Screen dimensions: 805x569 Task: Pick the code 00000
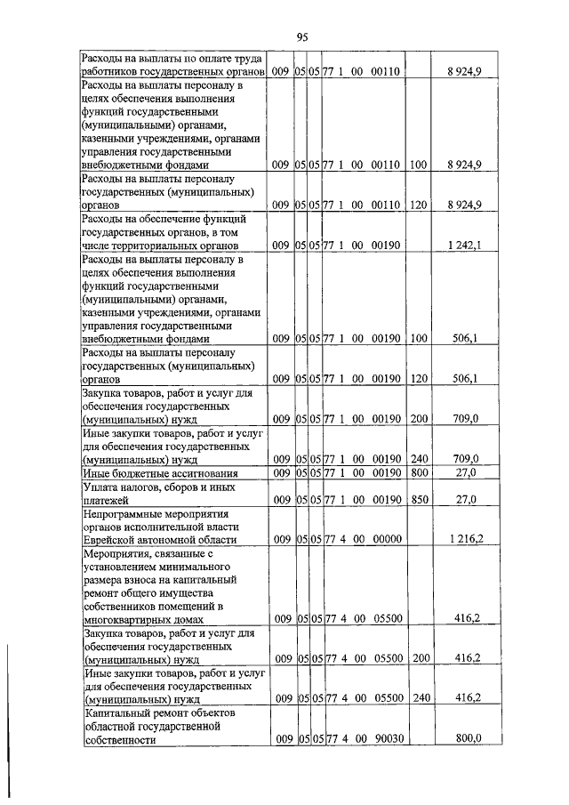click(389, 539)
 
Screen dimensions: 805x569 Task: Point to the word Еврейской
click(112, 540)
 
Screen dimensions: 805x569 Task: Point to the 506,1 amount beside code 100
click(466, 338)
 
